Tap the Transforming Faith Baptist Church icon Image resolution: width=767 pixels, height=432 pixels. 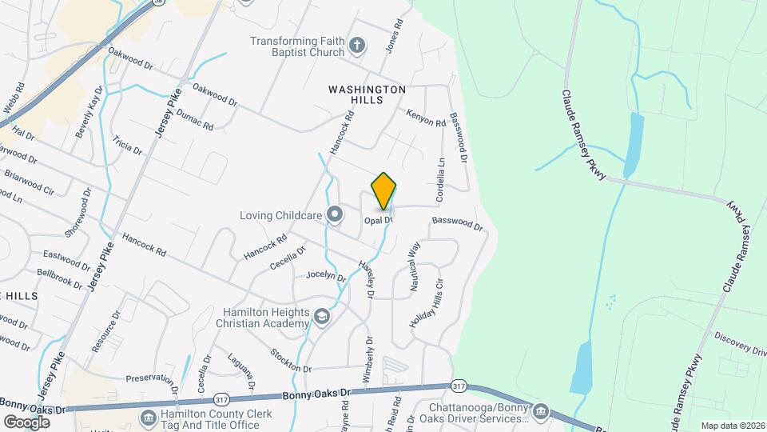click(x=358, y=45)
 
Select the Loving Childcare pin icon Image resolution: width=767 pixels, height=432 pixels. click(x=335, y=214)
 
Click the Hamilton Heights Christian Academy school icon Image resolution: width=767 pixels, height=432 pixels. click(x=321, y=318)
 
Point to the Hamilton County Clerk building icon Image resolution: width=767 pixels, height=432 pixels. click(x=147, y=418)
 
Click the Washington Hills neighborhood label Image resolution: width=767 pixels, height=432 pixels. click(x=367, y=94)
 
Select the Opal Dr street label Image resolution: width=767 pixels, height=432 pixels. click(x=379, y=220)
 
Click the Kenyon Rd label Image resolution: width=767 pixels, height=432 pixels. click(x=425, y=118)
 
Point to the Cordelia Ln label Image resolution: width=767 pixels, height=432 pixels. click(x=439, y=180)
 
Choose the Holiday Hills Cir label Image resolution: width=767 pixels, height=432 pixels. click(x=427, y=306)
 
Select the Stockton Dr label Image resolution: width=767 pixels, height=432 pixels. click(x=290, y=360)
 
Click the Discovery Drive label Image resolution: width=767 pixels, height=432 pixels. click(x=741, y=343)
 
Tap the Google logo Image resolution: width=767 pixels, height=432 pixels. click(x=26, y=422)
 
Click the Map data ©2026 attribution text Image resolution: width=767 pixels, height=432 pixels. click(x=733, y=426)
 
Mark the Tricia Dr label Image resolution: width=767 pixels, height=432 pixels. click(x=127, y=145)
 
